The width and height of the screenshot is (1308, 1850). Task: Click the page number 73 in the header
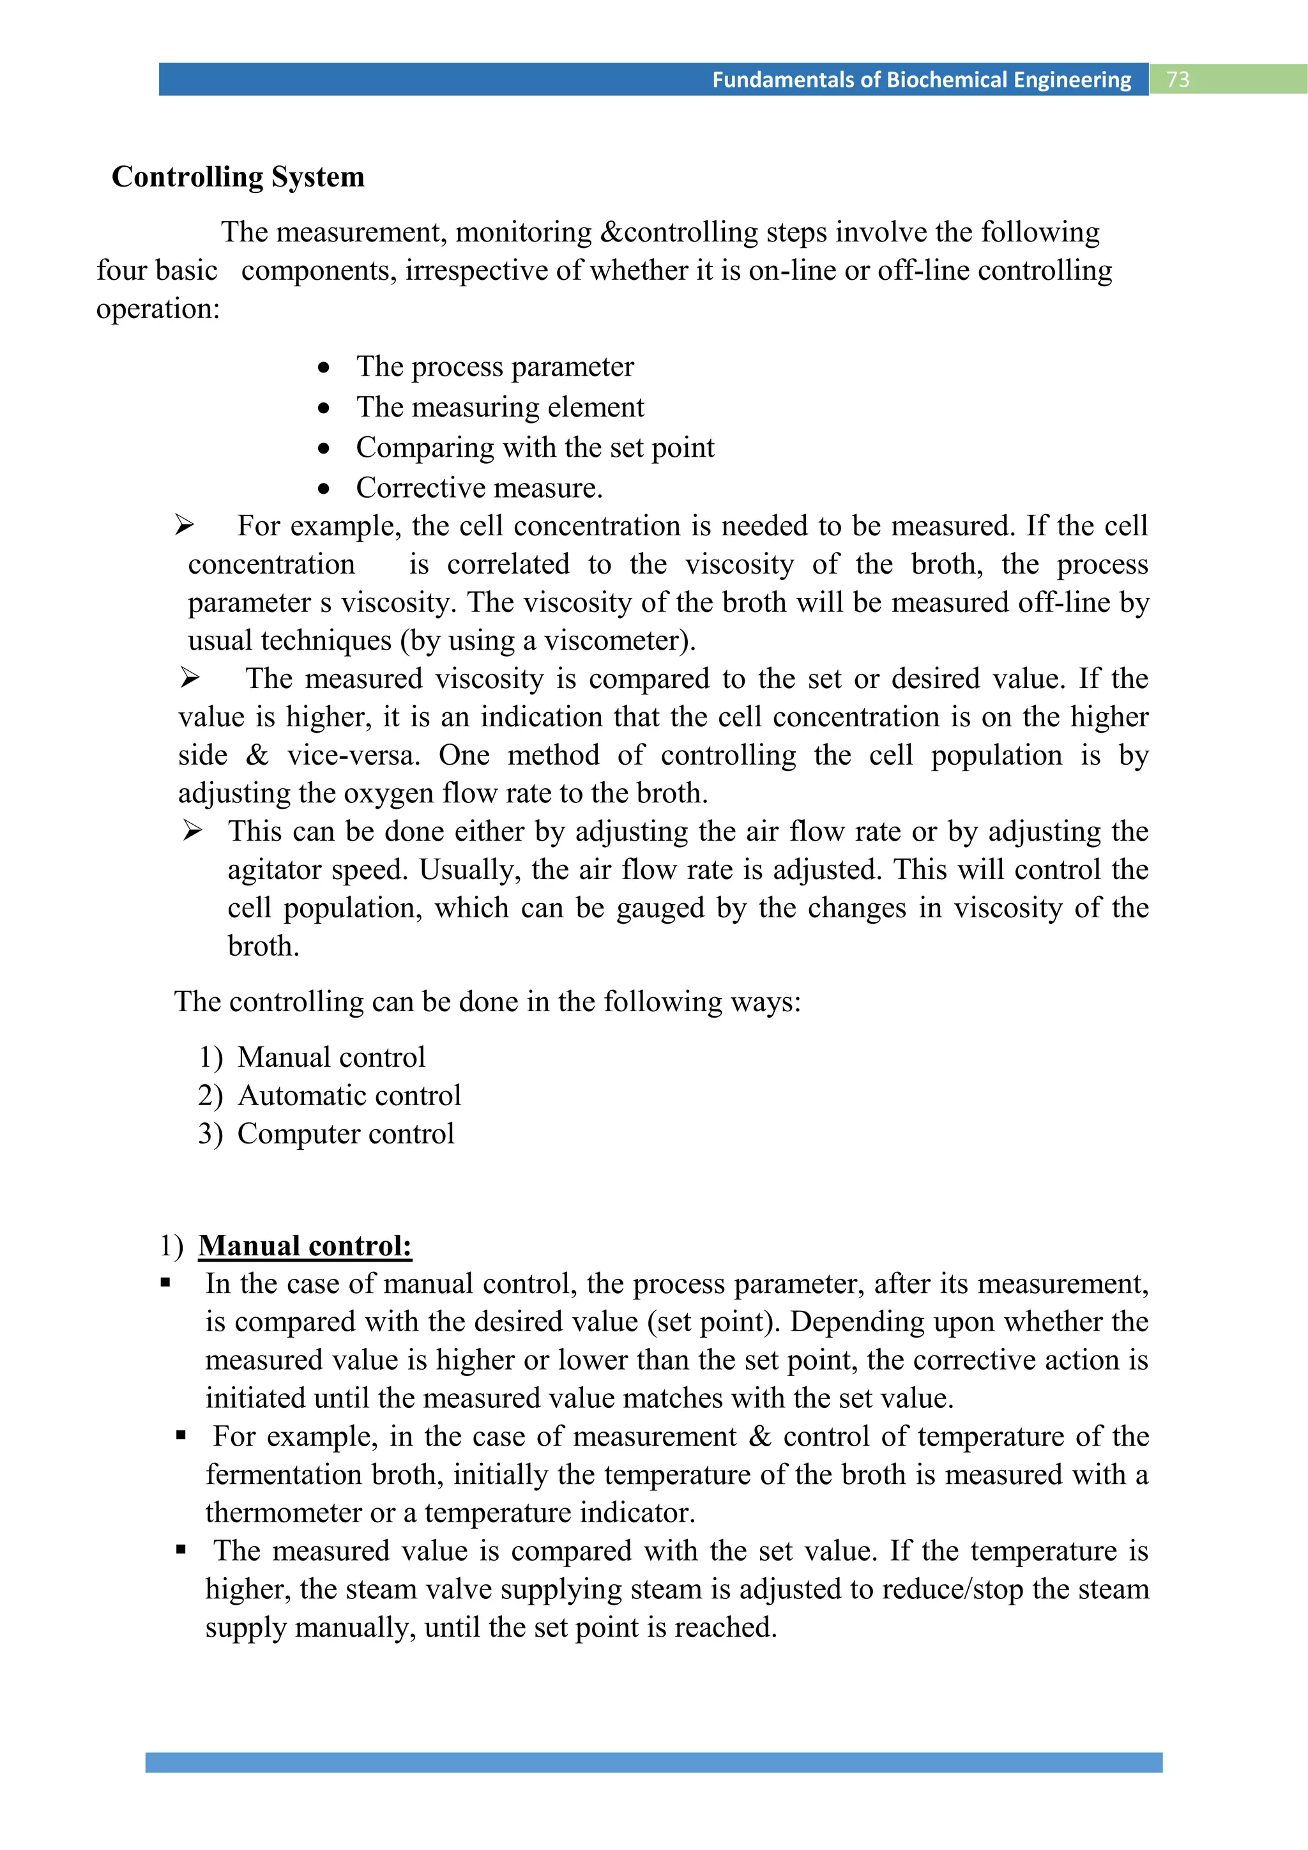click(x=1178, y=79)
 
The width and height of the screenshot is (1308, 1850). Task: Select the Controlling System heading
click(x=238, y=176)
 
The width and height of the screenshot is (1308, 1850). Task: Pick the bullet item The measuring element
click(x=499, y=407)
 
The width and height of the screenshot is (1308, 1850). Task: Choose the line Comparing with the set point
click(x=535, y=447)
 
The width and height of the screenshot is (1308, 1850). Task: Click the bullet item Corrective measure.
click(x=479, y=487)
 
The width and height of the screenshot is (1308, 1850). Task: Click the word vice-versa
click(x=354, y=755)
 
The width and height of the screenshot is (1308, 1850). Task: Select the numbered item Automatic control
click(x=349, y=1096)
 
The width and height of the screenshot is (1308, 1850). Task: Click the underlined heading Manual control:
click(x=305, y=1246)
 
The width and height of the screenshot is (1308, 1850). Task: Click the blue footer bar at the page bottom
click(x=653, y=1762)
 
